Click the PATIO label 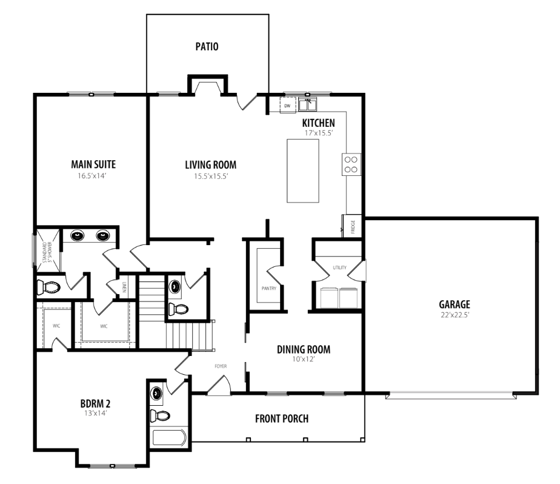207,47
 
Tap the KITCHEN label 319,123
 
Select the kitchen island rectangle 303,171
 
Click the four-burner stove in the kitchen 352,164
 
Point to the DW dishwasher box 287,106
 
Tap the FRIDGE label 353,227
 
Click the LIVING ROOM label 211,165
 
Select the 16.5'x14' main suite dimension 93,176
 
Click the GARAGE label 455,304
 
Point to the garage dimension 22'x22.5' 455,315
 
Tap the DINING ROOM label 304,349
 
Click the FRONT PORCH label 282,418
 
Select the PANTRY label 269,289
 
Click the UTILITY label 339,267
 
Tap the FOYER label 221,366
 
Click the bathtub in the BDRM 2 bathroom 170,437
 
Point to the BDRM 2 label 95,404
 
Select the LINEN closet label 124,287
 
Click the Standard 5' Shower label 47,252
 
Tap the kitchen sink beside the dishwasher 307,104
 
